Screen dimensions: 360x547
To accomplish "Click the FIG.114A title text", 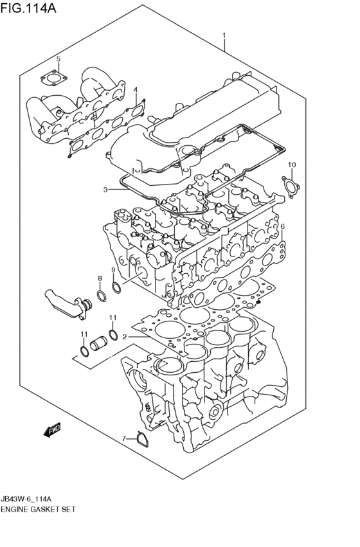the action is (x=28, y=7).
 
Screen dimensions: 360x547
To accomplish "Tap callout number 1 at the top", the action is (x=224, y=35).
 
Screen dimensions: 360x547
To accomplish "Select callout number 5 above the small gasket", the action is (x=59, y=58).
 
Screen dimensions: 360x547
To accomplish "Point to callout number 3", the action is (x=105, y=190).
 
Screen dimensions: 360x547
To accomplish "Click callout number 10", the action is (x=292, y=165).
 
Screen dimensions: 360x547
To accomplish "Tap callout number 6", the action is (x=282, y=226).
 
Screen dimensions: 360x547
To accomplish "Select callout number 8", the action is (x=100, y=278).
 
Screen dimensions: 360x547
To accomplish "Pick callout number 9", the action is (x=113, y=269).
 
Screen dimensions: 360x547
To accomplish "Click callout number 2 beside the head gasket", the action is (x=125, y=337).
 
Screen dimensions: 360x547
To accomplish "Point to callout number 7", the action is (x=123, y=438).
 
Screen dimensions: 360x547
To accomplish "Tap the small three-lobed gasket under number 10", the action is (x=291, y=186).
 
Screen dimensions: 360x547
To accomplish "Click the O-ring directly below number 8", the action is (x=102, y=296).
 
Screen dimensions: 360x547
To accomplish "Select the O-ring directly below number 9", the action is (x=117, y=287).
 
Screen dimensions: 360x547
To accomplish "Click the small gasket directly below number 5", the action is (x=53, y=78).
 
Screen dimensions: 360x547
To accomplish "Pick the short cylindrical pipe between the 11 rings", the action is (x=99, y=343).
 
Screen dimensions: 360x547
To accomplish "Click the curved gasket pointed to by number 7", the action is (x=143, y=440).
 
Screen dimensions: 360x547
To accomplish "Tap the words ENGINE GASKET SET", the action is (x=38, y=510).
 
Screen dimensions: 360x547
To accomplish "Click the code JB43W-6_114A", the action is (x=26, y=499).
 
